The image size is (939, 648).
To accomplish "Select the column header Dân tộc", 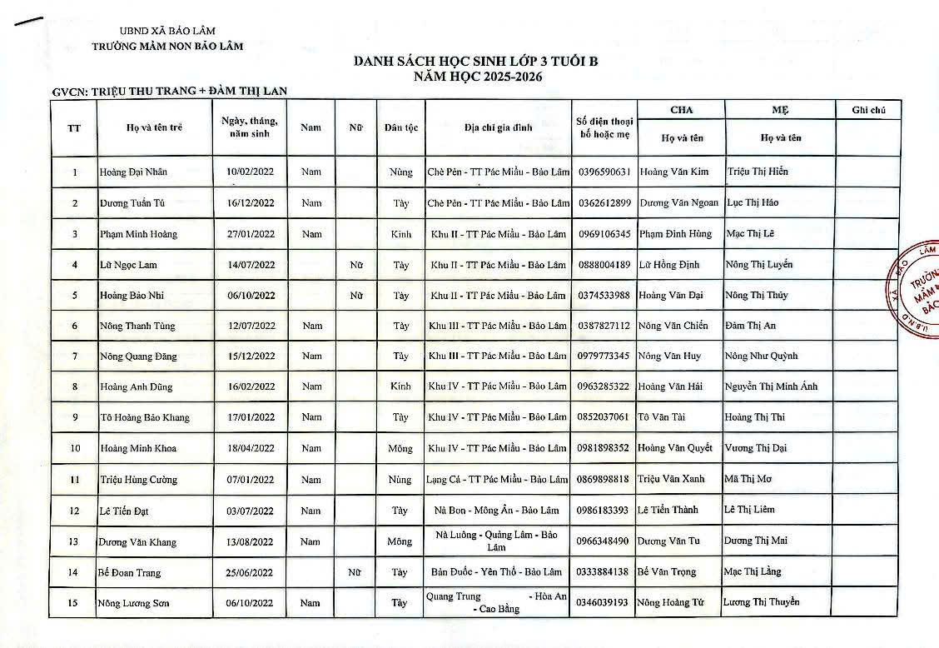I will tap(400, 128).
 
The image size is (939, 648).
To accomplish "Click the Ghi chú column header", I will tap(867, 110).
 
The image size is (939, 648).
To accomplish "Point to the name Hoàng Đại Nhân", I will tap(133, 172).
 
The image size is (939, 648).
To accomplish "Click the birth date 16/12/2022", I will tap(250, 203).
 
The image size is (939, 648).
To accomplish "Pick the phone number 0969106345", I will tap(604, 234).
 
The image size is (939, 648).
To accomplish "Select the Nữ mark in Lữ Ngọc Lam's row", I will tap(356, 265).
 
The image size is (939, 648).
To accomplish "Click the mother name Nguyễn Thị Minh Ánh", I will tap(771, 386).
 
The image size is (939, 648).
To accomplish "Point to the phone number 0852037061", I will tap(604, 417).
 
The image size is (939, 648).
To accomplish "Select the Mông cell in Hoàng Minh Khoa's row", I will tap(400, 449).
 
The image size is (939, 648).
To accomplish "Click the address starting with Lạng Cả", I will tap(498, 480).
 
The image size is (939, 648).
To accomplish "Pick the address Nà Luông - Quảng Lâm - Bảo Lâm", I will tap(498, 541).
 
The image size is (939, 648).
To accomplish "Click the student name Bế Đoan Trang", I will tap(130, 573).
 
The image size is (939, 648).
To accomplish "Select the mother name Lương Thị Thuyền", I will tap(761, 602).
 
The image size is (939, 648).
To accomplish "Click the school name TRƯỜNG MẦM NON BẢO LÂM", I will tap(168, 46).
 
